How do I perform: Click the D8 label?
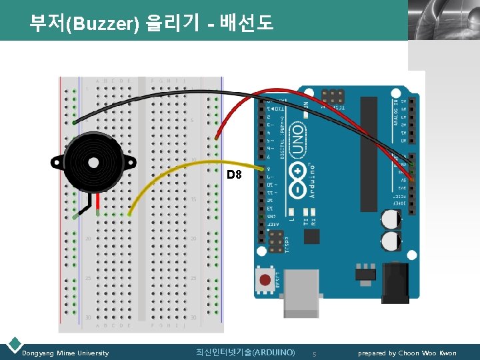233,175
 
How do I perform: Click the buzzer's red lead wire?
97,203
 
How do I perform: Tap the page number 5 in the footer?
315,353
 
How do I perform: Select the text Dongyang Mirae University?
65,353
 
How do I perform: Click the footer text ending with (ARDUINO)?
245,352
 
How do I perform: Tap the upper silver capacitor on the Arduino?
391,220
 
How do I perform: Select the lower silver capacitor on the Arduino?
391,241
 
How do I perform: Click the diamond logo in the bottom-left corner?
14,344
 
